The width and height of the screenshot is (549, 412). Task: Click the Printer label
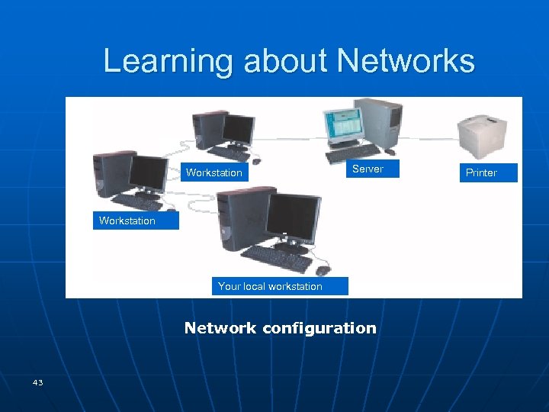pyautogui.click(x=481, y=172)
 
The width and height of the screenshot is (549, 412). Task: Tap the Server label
pyautogui.click(x=368, y=169)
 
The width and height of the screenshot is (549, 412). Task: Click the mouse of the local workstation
pyautogui.click(x=323, y=269)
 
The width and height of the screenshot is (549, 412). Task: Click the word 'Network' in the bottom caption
pyautogui.click(x=220, y=328)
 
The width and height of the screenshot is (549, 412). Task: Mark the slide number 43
pyautogui.click(x=37, y=381)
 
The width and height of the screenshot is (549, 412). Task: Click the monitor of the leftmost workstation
pyautogui.click(x=149, y=175)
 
